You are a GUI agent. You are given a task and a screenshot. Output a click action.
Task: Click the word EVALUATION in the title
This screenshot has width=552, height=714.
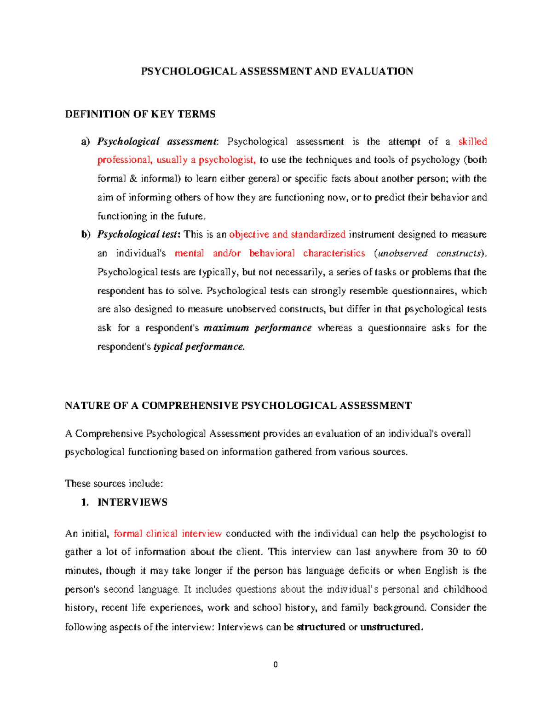click(x=377, y=71)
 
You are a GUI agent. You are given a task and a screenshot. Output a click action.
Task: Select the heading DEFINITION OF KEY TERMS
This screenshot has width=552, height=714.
click(x=140, y=114)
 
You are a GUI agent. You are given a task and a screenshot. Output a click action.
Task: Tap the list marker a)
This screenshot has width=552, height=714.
click(x=86, y=142)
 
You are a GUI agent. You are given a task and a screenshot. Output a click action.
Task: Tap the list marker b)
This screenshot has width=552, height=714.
click(x=86, y=234)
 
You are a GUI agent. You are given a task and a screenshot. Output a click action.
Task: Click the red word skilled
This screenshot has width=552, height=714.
click(x=472, y=142)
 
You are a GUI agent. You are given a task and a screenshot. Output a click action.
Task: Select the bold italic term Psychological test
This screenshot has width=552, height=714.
click(x=137, y=234)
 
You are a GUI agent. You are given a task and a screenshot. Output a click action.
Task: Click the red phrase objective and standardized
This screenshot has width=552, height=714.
click(x=287, y=234)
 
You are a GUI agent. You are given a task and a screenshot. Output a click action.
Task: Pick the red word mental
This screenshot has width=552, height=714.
click(x=190, y=253)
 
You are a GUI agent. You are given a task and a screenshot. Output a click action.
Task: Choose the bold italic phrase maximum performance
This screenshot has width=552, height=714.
click(x=258, y=328)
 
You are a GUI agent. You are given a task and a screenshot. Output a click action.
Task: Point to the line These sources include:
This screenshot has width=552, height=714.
click(x=114, y=483)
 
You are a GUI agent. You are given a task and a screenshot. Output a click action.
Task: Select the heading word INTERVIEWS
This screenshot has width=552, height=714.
click(x=132, y=502)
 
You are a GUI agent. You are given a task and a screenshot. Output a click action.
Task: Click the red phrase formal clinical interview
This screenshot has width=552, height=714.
click(x=168, y=534)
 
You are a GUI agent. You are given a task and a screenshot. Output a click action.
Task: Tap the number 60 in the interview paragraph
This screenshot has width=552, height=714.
click(x=481, y=552)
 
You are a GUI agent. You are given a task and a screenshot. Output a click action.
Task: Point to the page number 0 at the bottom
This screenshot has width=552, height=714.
click(x=276, y=664)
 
